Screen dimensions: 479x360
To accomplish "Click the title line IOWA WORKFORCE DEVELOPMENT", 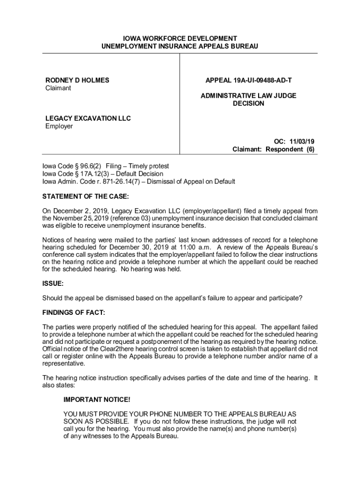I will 180,38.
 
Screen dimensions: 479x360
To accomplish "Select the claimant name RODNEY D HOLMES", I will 77,80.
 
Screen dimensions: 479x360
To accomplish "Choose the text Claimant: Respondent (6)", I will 274,149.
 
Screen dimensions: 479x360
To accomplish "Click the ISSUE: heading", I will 53,283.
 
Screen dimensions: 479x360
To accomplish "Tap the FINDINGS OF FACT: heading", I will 74,312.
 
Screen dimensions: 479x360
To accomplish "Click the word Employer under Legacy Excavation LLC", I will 59,126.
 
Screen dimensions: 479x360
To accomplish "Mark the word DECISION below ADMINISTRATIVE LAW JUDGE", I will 248,103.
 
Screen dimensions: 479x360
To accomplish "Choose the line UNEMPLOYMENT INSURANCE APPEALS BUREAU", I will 180,46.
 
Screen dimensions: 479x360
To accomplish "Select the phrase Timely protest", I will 149,166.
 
